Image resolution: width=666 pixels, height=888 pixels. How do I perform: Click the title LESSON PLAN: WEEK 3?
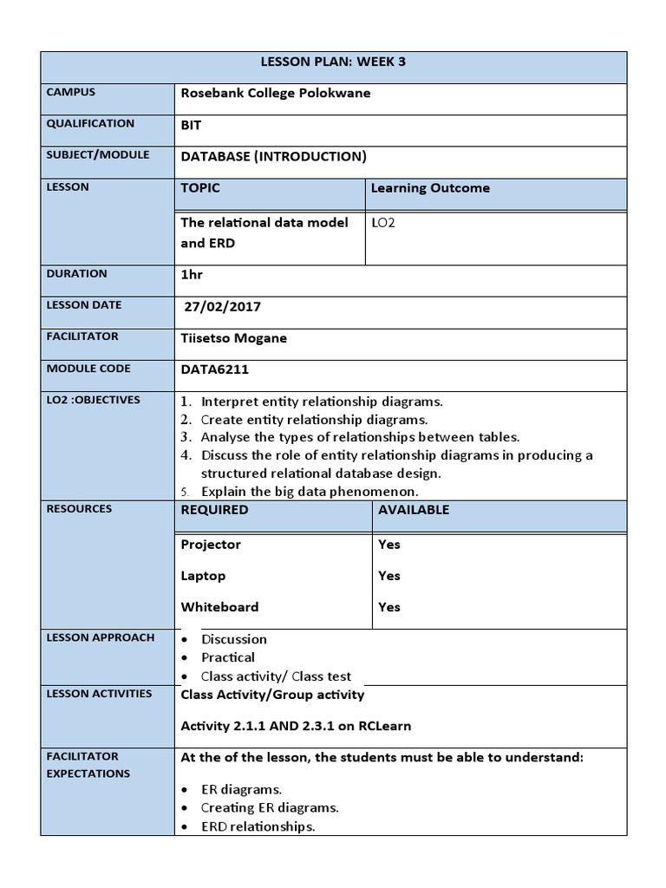point(333,62)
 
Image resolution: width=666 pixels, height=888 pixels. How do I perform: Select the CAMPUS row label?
point(71,92)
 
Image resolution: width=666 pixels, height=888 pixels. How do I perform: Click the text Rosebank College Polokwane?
point(275,94)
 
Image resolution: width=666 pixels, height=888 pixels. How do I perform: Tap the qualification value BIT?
point(191,125)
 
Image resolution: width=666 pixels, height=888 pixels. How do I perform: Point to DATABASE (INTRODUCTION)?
point(273,156)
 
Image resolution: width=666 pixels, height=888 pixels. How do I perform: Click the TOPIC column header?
point(200,188)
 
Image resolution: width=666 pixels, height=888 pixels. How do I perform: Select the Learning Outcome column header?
point(430,188)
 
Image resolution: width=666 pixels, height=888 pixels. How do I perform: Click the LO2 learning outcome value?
point(382,223)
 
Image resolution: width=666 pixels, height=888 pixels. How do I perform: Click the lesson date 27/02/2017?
point(223,306)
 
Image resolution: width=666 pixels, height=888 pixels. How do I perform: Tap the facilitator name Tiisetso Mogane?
point(233,338)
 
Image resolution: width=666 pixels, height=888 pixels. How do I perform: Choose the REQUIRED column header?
point(214,510)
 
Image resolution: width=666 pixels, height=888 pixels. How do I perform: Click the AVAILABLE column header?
point(414,510)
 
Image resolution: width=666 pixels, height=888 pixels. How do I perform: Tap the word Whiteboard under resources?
point(219,607)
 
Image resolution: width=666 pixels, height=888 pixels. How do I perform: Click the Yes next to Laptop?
point(389,576)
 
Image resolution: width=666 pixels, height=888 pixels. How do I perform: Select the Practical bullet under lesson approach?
point(228,657)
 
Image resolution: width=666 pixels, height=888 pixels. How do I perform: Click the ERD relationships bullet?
point(258,826)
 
